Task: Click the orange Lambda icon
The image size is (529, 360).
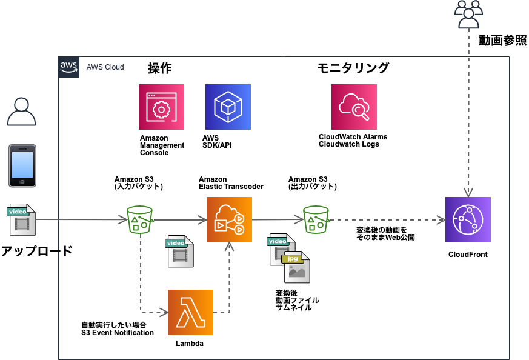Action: click(x=190, y=312)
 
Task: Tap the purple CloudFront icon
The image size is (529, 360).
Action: click(x=468, y=219)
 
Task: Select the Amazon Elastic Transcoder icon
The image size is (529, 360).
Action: click(x=229, y=219)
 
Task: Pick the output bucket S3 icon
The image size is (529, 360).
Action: click(x=316, y=219)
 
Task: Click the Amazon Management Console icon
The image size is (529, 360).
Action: click(x=161, y=107)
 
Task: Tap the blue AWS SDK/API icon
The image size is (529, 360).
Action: click(x=228, y=107)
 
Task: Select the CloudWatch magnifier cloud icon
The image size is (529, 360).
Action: click(x=354, y=107)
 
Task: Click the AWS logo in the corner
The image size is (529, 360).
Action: click(x=68, y=67)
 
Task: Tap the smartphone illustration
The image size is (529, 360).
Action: click(x=22, y=165)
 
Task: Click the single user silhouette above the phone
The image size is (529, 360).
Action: click(x=22, y=111)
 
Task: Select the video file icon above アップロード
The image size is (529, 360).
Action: click(x=22, y=219)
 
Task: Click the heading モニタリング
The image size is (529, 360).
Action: click(x=353, y=68)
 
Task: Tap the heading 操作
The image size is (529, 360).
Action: click(x=161, y=68)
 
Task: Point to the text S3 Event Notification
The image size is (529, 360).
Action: click(x=117, y=332)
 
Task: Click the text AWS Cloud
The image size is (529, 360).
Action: click(x=105, y=67)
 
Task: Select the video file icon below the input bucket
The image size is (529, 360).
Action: click(x=180, y=252)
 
